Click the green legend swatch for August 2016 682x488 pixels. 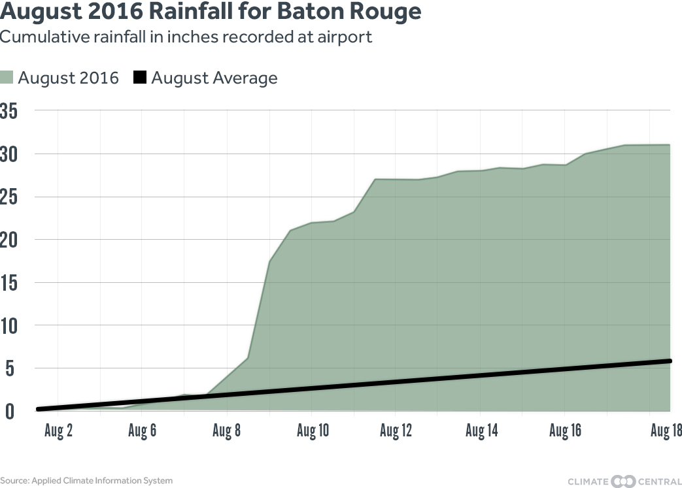[x=7, y=78]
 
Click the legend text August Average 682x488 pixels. [x=214, y=78]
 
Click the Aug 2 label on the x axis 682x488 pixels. [x=58, y=432]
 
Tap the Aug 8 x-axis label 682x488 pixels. [x=227, y=432]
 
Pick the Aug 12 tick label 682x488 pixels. [x=396, y=432]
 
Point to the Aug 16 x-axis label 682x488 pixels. [x=565, y=432]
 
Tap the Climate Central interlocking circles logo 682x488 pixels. [x=623, y=481]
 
